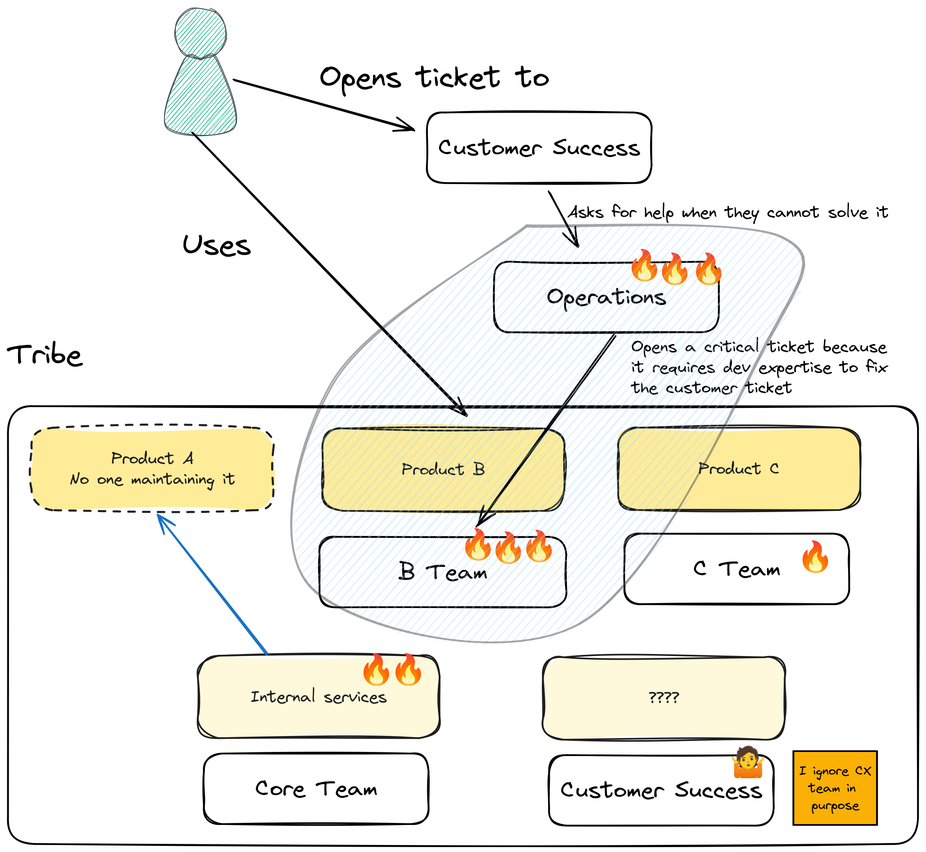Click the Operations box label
(x=606, y=297)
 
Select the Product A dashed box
(x=152, y=469)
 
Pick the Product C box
(x=739, y=469)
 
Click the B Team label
(x=442, y=572)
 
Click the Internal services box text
(x=319, y=697)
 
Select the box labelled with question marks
(x=664, y=697)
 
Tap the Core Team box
(x=316, y=789)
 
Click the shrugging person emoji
(x=748, y=763)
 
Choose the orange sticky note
(x=835, y=788)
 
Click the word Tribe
(x=45, y=355)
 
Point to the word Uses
(x=216, y=245)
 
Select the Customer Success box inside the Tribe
(x=661, y=790)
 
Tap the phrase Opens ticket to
(x=434, y=77)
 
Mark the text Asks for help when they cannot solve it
(x=728, y=212)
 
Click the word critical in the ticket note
(x=731, y=347)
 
